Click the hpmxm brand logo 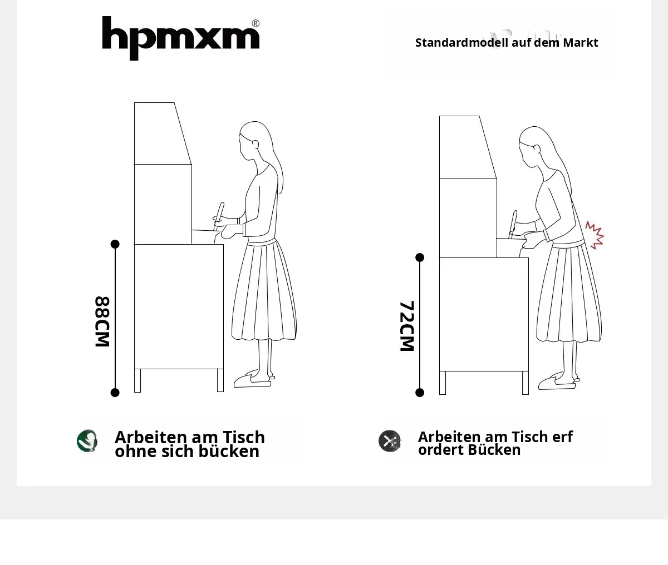tap(181, 38)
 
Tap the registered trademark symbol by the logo tap(256, 23)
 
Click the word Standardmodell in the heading tap(461, 43)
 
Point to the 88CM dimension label tap(102, 321)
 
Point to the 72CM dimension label tap(407, 326)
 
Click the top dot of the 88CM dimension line tap(115, 244)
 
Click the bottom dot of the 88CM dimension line tap(115, 393)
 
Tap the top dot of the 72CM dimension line tap(420, 257)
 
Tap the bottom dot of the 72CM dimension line tap(420, 393)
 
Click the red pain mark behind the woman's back tap(595, 235)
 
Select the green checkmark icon tap(87, 440)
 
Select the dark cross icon tap(390, 440)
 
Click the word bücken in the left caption tap(229, 452)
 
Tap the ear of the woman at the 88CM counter tap(256, 144)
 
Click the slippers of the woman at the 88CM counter tap(254, 379)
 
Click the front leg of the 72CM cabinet tap(525, 383)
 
